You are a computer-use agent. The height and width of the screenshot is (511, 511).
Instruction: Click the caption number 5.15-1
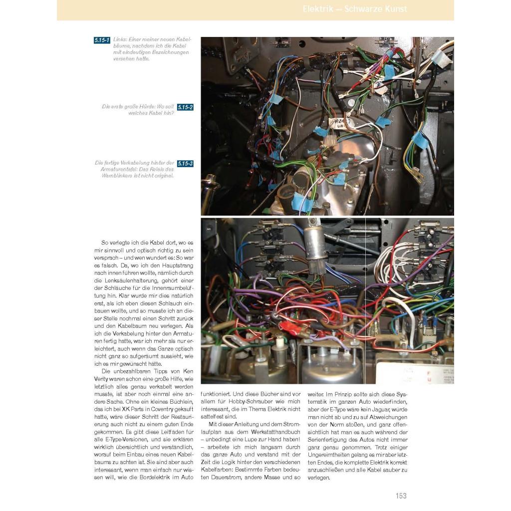coord(102,40)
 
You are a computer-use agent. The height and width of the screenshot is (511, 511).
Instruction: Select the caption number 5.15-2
coord(185,107)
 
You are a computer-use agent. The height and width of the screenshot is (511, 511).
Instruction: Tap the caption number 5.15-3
coord(185,163)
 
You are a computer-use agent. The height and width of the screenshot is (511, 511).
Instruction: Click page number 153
coord(401,496)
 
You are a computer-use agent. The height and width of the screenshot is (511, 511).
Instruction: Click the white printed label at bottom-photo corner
coord(422,372)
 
